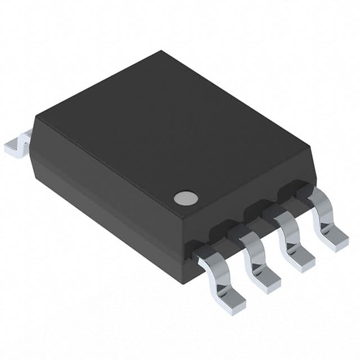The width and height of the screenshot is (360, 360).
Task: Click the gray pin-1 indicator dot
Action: pos(186,197)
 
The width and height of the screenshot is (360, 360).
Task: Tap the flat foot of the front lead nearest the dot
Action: pos(229,303)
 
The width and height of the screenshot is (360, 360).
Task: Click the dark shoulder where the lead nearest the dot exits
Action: pos(195,248)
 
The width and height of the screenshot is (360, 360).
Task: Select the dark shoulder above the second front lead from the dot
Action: pos(233,228)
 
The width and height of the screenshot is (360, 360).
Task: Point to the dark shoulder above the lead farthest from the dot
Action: pos(304,191)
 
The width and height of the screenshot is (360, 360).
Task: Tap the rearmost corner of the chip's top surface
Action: pos(162,52)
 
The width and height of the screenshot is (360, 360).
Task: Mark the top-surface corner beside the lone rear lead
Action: pos(37,117)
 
